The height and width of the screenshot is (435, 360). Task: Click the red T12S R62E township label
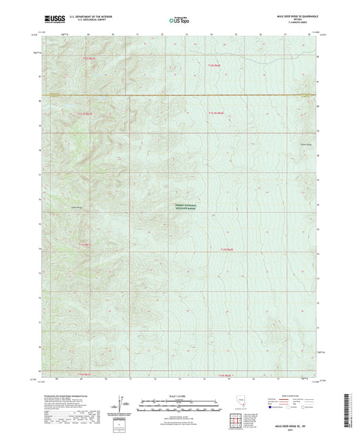click(x=213, y=66)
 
